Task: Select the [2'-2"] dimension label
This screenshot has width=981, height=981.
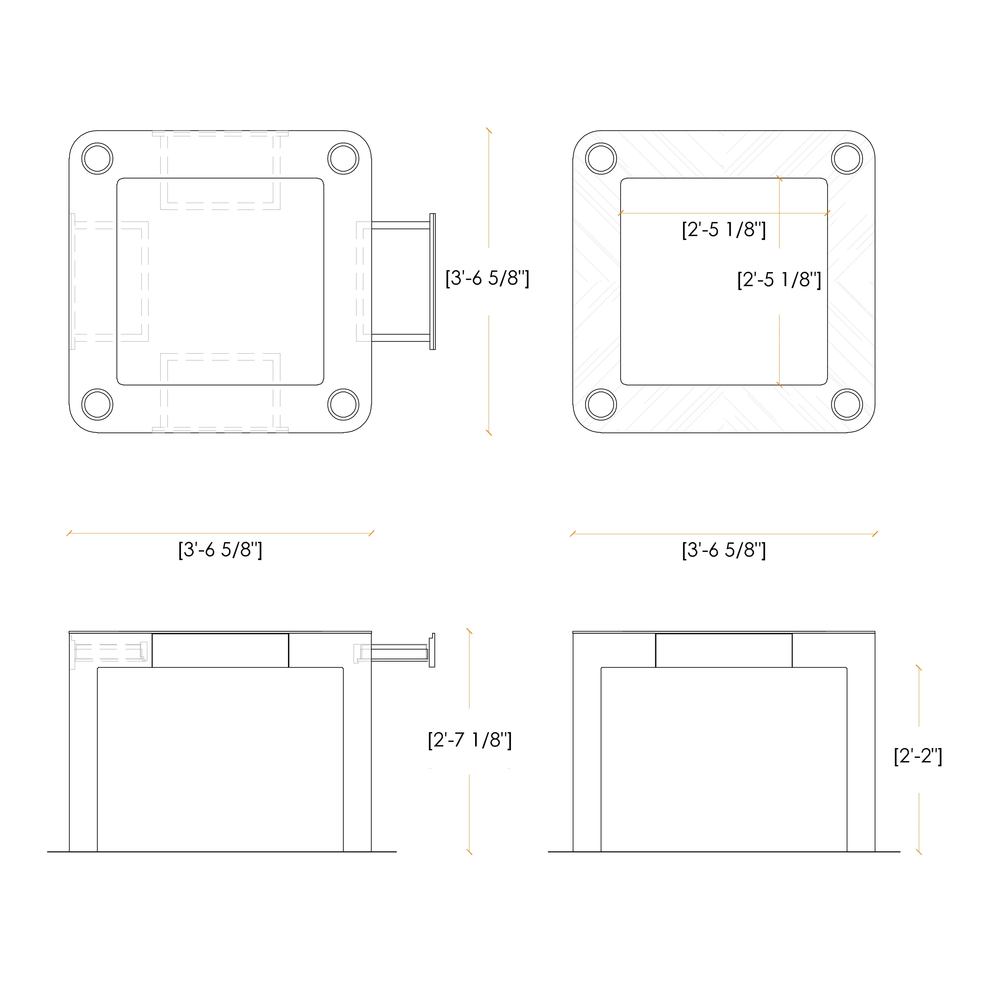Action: point(918,756)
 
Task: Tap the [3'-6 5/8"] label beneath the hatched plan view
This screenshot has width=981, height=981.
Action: point(724,550)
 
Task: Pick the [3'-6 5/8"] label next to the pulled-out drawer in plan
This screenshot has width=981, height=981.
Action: point(487,278)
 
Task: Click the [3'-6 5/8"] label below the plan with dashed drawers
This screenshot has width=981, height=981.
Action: point(220,550)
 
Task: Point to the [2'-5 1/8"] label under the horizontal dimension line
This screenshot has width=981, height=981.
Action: point(724,229)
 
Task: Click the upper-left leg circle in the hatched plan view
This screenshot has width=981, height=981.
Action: point(601,158)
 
